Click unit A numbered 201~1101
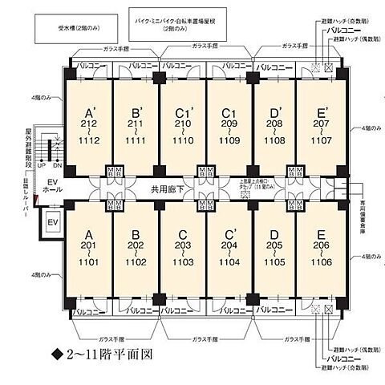pos(91,249)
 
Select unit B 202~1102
pos(136,249)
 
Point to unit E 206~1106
pos(320,249)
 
